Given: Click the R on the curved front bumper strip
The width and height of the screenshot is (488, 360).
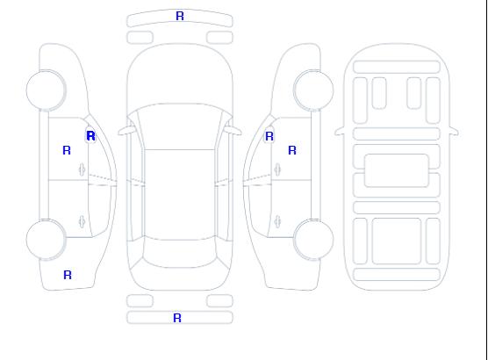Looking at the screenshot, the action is tap(180, 16).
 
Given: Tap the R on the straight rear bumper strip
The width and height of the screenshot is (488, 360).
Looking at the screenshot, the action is tap(177, 318).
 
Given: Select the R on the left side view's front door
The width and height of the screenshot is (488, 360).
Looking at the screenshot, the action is tap(67, 150).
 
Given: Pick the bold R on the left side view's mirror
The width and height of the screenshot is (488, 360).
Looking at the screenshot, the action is tap(91, 136).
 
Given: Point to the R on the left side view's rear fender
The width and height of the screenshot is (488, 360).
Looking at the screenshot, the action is tap(68, 275).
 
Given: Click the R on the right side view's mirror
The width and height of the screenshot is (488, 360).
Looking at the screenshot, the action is tap(269, 136).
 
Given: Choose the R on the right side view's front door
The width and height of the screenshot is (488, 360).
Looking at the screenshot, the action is tap(292, 150).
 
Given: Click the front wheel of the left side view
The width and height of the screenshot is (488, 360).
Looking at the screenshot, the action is tap(46, 90).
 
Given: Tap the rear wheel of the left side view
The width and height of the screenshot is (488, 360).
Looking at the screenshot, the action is tap(46, 240).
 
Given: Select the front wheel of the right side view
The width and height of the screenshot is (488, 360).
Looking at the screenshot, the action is tap(313, 90).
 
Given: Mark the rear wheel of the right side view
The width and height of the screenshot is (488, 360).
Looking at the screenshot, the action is tap(313, 240).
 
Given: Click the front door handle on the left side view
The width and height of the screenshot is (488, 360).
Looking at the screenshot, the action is tap(82, 169).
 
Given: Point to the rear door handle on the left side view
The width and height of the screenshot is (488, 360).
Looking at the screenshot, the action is tap(82, 221).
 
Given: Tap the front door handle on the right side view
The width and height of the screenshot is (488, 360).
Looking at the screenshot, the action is tap(277, 169).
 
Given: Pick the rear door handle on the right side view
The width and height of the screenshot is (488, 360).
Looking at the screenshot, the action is tap(277, 221).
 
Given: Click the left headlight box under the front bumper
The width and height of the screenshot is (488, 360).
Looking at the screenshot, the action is tap(140, 38).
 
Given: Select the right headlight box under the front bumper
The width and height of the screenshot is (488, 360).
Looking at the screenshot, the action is tap(219, 38).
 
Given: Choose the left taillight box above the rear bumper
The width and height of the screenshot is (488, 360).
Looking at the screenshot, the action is tap(140, 301).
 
